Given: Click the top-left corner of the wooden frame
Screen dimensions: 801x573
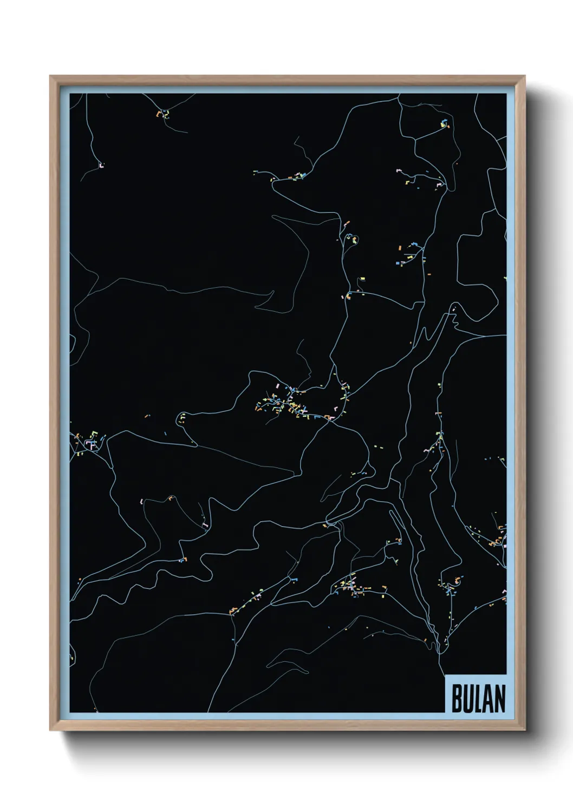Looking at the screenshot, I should (x=51, y=76).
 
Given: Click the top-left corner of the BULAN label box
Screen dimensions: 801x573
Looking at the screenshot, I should (x=445, y=675).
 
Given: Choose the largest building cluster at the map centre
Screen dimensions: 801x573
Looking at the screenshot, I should (x=284, y=403).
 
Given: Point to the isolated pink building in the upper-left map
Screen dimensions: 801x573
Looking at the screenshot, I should (x=101, y=165).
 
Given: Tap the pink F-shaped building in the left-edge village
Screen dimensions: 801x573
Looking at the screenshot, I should (x=91, y=444).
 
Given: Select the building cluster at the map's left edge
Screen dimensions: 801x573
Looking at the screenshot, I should (x=87, y=441).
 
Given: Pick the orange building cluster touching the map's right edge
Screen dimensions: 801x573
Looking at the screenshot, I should (x=498, y=539).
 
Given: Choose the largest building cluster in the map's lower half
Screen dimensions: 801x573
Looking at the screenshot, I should (x=352, y=587).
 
